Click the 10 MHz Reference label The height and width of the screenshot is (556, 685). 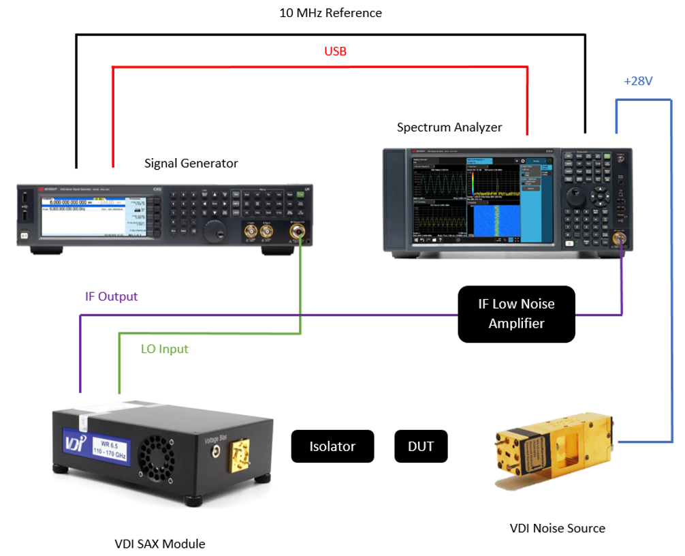pos(331,13)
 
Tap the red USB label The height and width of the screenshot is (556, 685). pos(335,51)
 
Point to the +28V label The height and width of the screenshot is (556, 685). pos(638,82)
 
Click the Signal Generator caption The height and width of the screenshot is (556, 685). pos(191,164)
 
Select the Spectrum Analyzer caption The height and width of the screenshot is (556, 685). pos(449,127)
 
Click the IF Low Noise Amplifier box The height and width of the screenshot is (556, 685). pos(516,313)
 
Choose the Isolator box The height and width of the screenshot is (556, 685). pos(332,446)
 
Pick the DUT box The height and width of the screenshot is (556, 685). pos(421,446)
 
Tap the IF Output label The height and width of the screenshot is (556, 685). pos(111,297)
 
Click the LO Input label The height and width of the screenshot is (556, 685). pos(164,349)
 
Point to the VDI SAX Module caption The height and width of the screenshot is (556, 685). pos(159,543)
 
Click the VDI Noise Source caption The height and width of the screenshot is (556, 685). pos(557,528)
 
